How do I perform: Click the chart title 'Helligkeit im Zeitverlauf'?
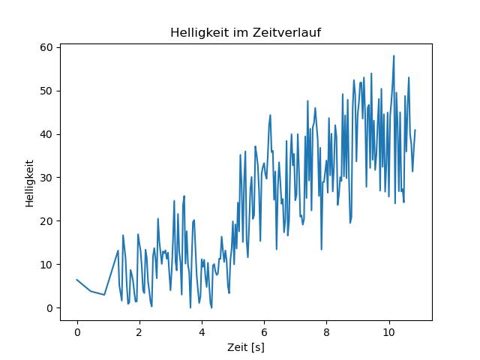(246, 33)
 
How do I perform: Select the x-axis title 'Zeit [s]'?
(246, 348)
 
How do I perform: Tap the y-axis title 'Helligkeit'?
(29, 183)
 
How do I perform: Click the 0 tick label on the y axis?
(48, 308)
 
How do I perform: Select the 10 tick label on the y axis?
(46, 265)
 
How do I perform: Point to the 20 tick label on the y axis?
(46, 221)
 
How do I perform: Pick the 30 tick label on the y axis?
(46, 178)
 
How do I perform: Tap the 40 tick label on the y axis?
(46, 134)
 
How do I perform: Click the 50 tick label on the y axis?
(46, 91)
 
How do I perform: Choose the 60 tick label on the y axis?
(46, 47)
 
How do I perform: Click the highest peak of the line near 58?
(393, 55)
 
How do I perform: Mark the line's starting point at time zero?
(76, 280)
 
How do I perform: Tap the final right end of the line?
(415, 130)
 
